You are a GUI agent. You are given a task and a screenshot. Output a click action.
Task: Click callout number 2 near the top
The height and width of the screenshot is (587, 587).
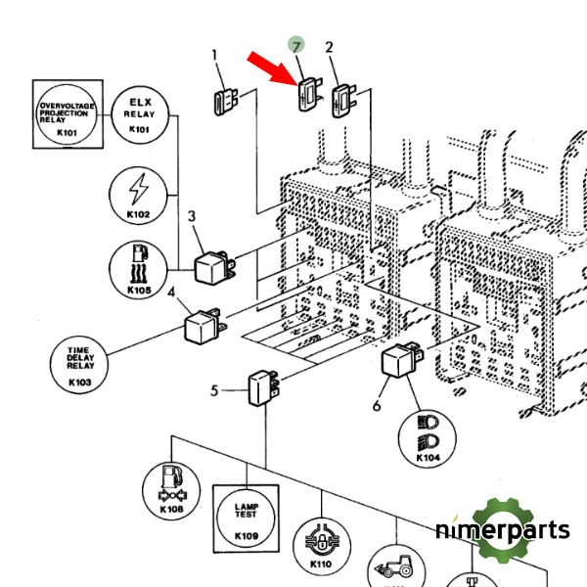(x=330, y=47)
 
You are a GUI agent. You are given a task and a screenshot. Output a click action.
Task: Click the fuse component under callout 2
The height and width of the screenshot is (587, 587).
(x=345, y=100)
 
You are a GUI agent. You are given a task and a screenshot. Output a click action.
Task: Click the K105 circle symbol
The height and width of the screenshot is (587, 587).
(x=139, y=268)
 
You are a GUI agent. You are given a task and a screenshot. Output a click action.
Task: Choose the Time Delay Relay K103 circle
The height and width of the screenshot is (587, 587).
(x=79, y=365)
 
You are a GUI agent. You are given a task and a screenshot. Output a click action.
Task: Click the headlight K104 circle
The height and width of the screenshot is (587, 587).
(x=428, y=437)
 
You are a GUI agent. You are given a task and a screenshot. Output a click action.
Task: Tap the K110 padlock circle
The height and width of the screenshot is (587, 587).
(x=320, y=545)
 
